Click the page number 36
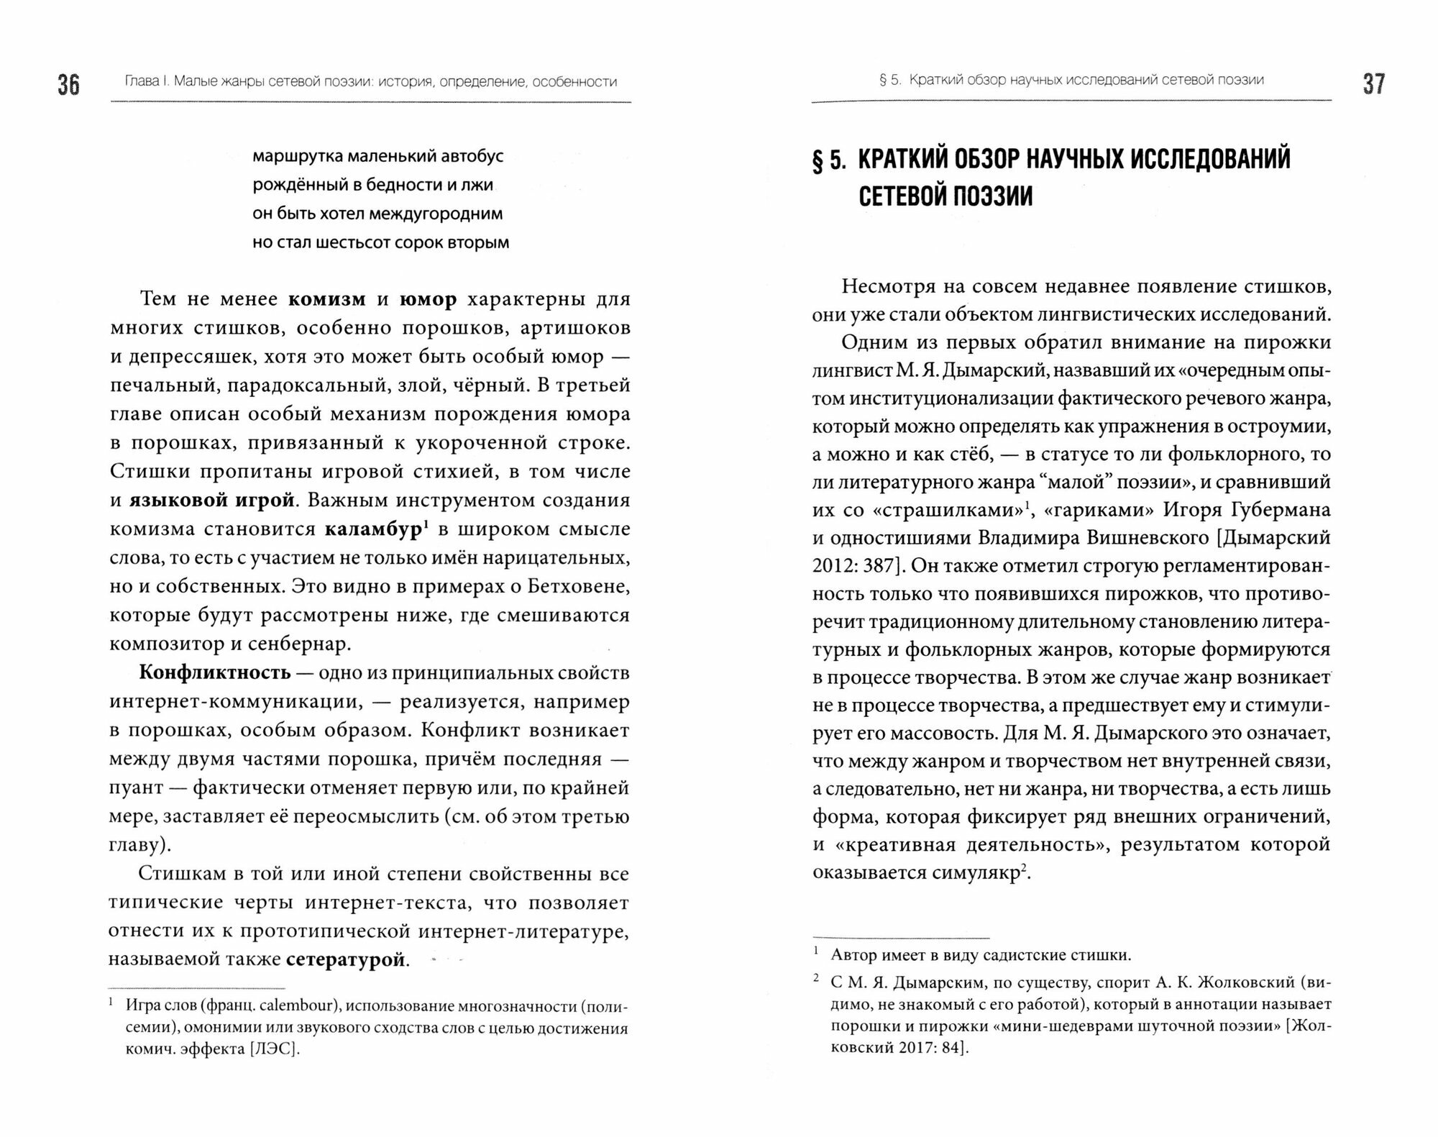pyautogui.click(x=69, y=85)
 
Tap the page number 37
pyautogui.click(x=1373, y=84)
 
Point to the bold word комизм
pyautogui.click(x=327, y=299)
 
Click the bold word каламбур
pyautogui.click(x=373, y=529)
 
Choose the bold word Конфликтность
pyautogui.click(x=215, y=673)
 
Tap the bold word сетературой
pyautogui.click(x=346, y=960)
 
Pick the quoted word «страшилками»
pyautogui.click(x=941, y=510)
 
